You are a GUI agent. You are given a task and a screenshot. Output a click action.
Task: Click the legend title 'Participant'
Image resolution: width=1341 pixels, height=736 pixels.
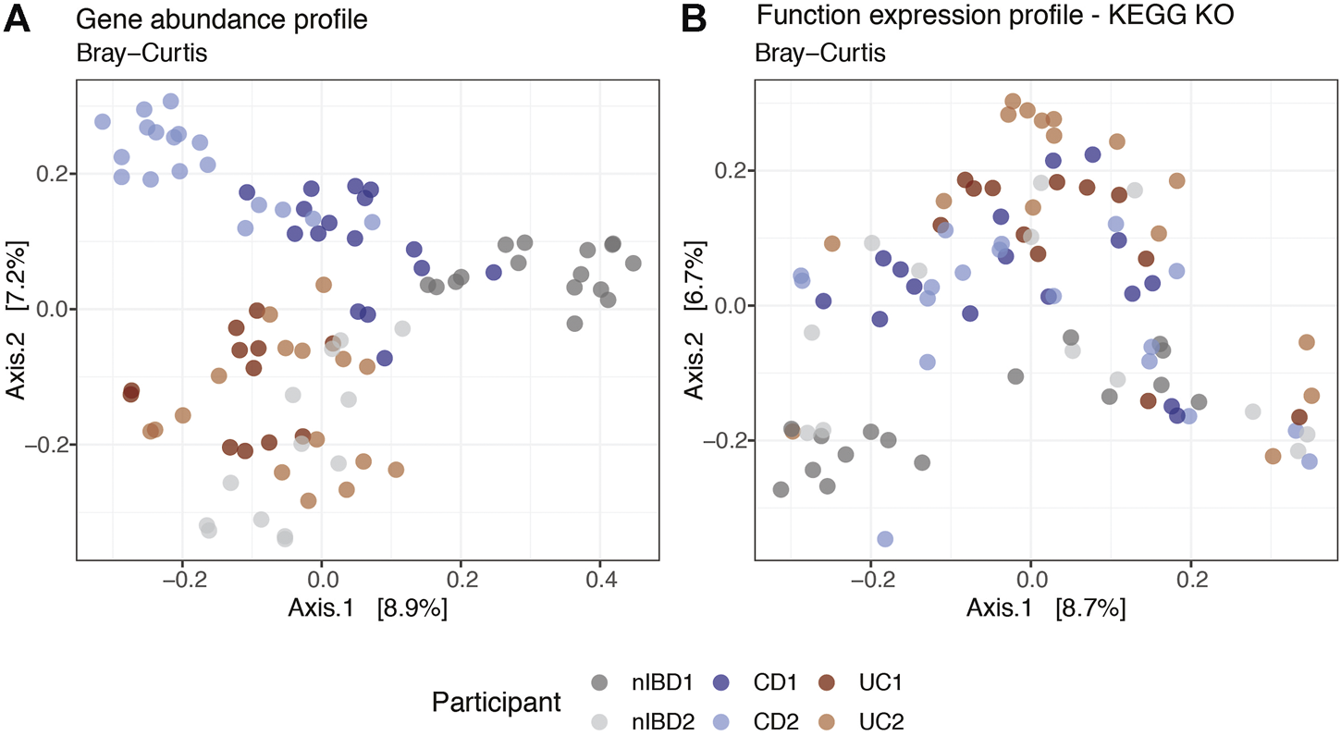[497, 702]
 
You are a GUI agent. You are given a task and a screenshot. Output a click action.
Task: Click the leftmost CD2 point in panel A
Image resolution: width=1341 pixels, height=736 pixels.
[103, 122]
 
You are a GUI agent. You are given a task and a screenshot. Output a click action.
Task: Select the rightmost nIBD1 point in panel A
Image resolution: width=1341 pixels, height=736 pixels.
[633, 264]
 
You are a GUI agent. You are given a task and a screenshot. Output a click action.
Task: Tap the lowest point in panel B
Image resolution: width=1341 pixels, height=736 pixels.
[885, 539]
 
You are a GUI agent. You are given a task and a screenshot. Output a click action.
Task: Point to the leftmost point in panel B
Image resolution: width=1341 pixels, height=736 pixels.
[781, 489]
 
